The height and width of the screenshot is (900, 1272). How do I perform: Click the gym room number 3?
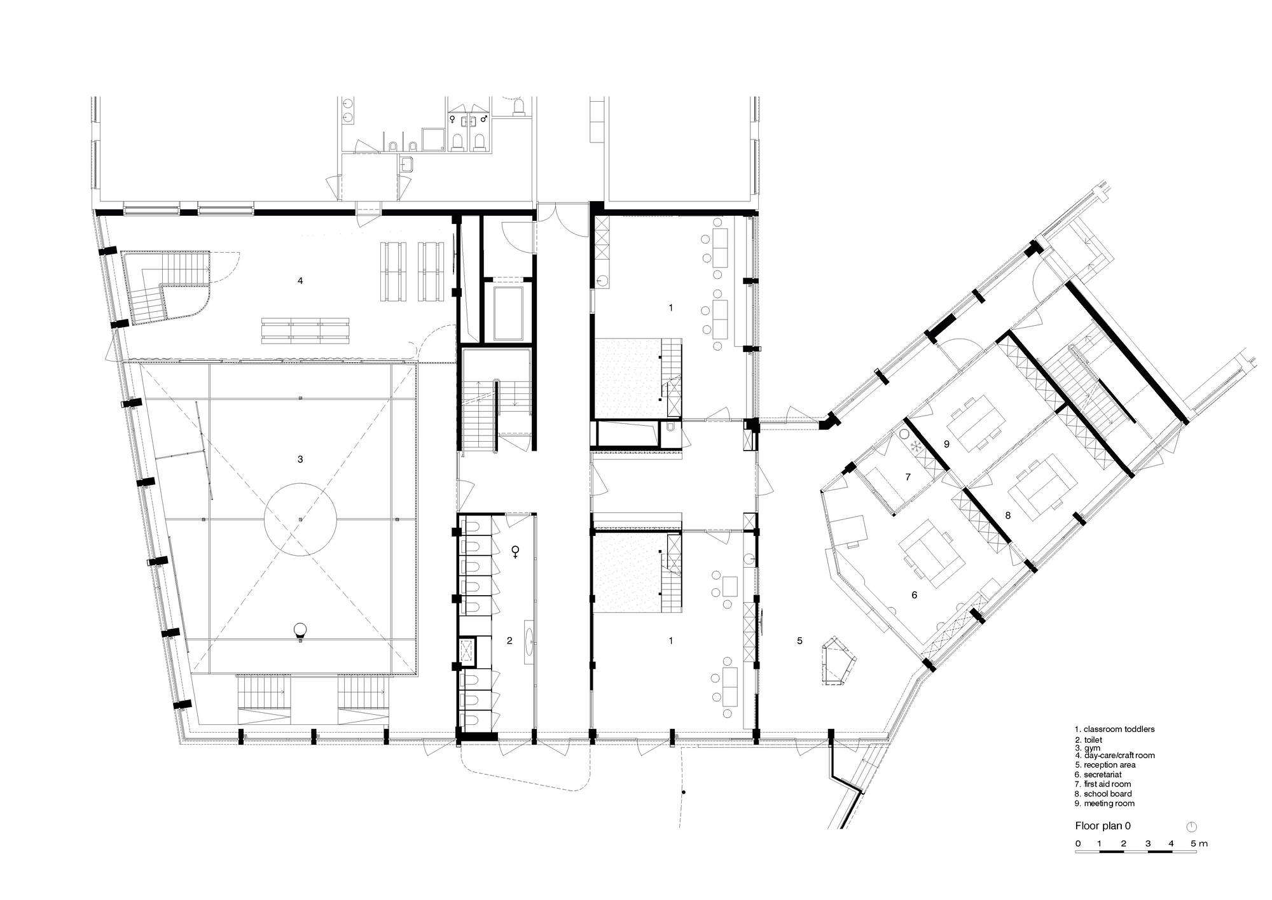(x=300, y=459)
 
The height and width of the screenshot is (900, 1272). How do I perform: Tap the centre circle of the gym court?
(x=300, y=520)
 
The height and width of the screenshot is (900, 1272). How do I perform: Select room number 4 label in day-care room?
(x=300, y=280)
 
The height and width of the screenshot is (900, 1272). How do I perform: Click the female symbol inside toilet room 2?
(x=515, y=552)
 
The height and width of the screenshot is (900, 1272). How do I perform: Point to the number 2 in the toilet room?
(x=509, y=641)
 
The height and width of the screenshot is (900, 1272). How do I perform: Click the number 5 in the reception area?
(x=799, y=641)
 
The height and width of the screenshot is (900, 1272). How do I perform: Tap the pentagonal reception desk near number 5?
(x=838, y=661)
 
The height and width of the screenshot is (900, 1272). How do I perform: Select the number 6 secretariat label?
(x=915, y=595)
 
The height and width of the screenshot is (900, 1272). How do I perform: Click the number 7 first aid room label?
(x=908, y=477)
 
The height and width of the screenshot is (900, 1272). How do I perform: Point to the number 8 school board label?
(x=1008, y=514)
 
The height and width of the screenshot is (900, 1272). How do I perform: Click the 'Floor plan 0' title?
(x=1103, y=826)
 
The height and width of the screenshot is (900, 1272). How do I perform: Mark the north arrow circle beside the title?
(x=1192, y=826)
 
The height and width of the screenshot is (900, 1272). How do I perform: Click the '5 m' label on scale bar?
(x=1199, y=843)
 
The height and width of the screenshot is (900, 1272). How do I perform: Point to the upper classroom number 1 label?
(x=670, y=307)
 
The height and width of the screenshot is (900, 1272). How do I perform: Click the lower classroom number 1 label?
(x=670, y=641)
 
